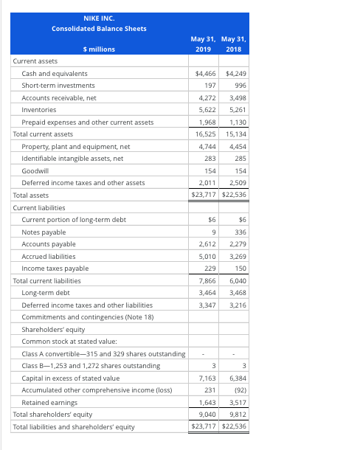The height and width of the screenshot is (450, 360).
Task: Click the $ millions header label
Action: [99, 49]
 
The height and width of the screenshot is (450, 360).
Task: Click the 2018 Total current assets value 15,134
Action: [235, 134]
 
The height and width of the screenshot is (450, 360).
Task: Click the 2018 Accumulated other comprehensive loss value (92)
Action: [238, 390]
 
